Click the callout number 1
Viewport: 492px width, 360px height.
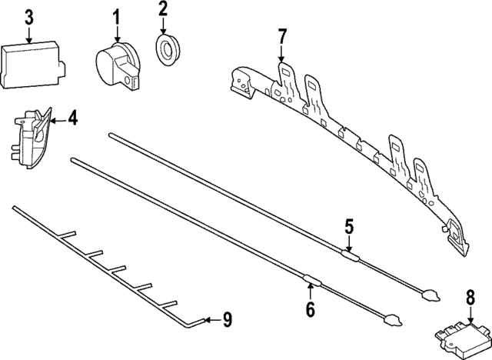click(x=117, y=15)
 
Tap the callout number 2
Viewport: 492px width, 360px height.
click(x=163, y=10)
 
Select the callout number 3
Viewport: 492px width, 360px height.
click(x=28, y=15)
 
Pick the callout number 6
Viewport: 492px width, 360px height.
click(x=310, y=309)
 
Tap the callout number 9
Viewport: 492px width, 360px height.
click(x=227, y=319)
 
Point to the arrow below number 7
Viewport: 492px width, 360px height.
click(x=281, y=54)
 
